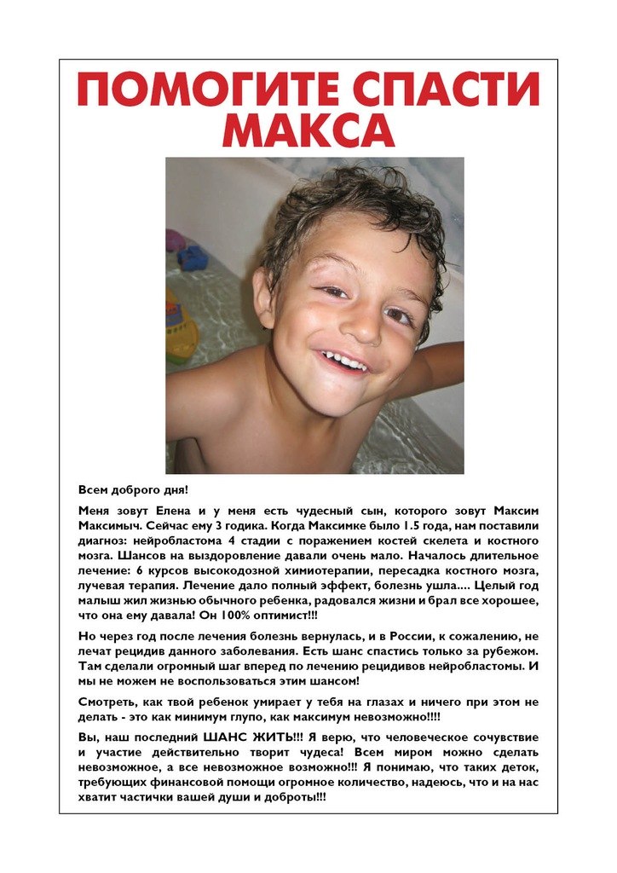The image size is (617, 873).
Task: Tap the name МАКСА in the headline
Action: [x=308, y=130]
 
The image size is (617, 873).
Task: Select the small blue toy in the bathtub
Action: [x=193, y=257]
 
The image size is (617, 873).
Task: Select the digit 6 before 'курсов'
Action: [x=141, y=571]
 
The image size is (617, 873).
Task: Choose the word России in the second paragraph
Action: [x=437, y=637]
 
